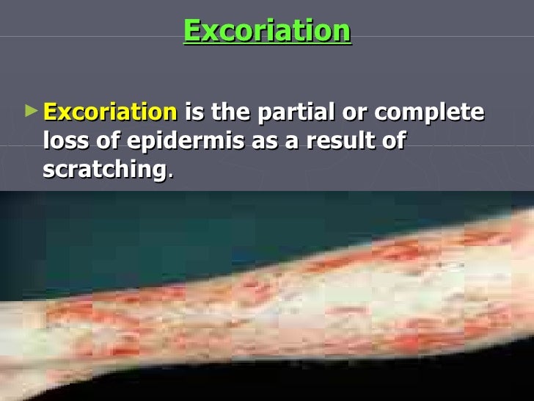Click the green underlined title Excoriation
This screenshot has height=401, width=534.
click(267, 31)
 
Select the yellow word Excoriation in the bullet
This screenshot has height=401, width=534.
click(110, 113)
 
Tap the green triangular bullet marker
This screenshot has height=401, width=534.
click(29, 112)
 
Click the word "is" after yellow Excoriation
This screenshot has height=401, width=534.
click(195, 113)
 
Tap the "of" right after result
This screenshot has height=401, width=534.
click(391, 141)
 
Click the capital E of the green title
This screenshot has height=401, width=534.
click(191, 31)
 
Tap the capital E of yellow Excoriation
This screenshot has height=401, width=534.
click(51, 113)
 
